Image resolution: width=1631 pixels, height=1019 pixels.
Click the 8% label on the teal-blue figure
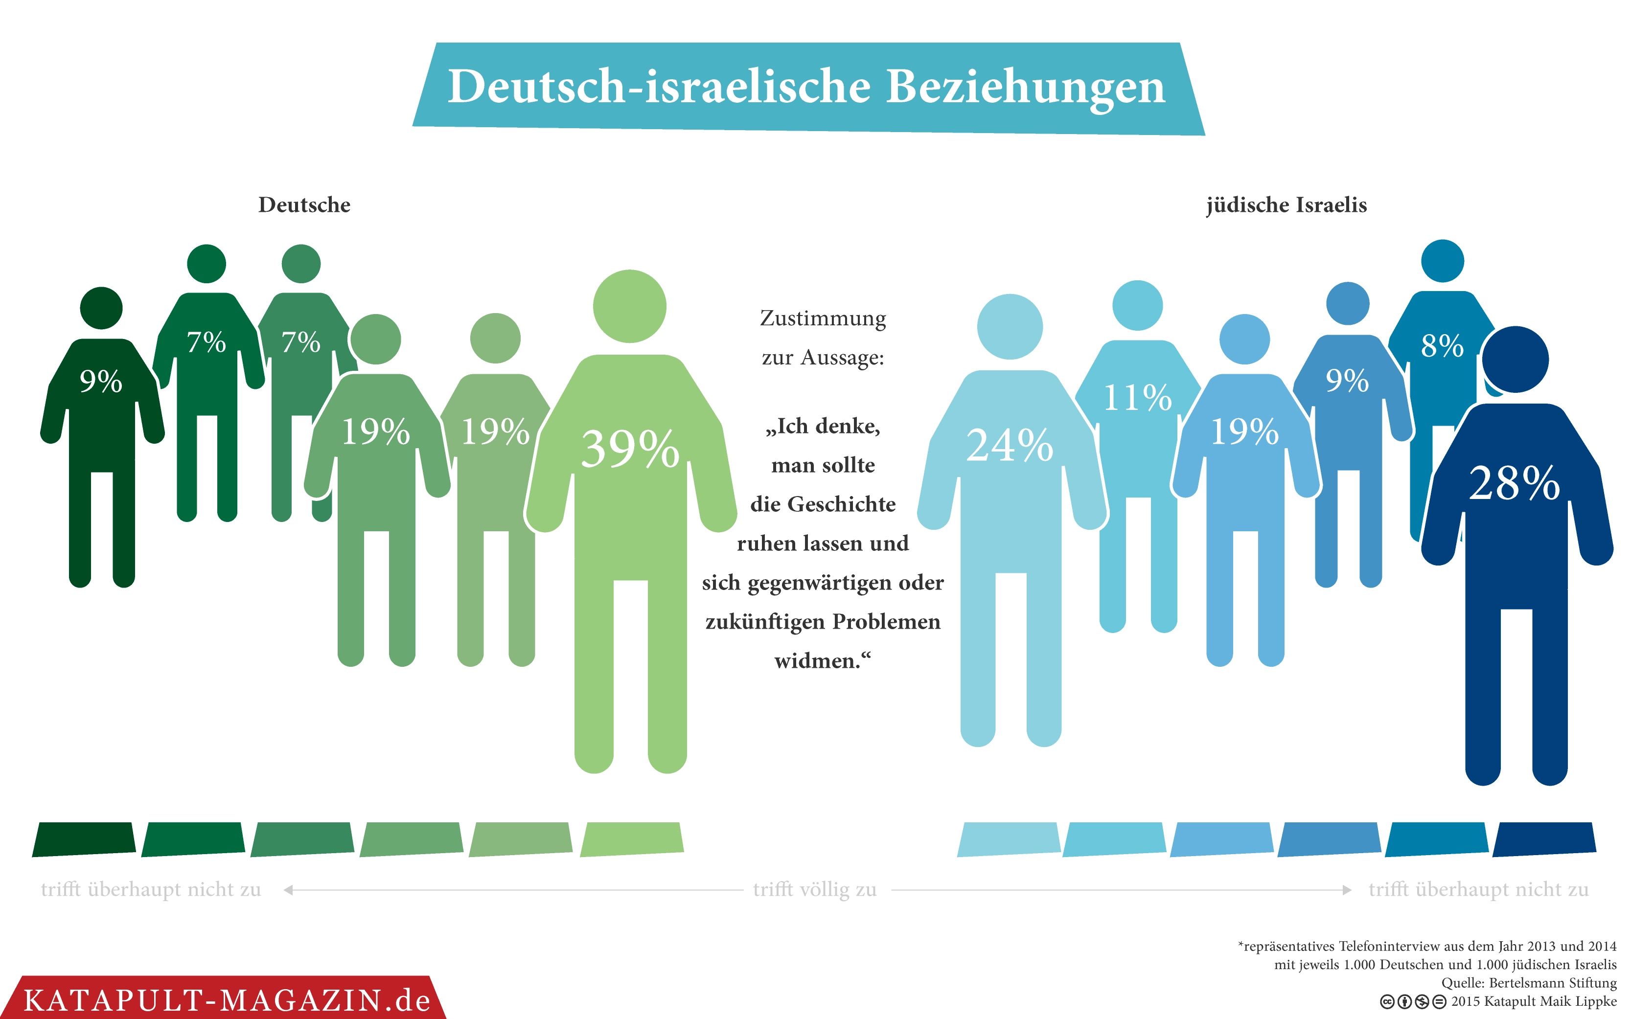[1442, 346]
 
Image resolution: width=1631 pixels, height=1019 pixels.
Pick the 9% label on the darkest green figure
[101, 382]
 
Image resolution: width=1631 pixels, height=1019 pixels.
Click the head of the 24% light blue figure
[1010, 327]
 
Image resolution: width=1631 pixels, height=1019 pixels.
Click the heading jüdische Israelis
[1286, 205]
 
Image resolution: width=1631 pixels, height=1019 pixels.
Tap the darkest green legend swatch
[84, 839]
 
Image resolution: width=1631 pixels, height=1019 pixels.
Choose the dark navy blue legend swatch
[1544, 839]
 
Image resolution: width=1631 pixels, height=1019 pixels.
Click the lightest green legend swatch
[632, 839]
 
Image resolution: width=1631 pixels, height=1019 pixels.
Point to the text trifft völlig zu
[814, 889]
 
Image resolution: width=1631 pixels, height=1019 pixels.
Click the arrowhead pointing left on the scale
[288, 890]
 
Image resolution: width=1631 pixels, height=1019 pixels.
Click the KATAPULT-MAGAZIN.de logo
[227, 1000]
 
